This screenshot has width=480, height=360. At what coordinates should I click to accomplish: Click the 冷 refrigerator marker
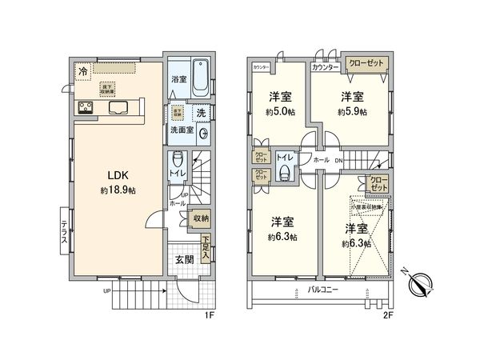click(x=83, y=72)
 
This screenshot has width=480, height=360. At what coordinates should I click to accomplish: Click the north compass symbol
click(x=422, y=282)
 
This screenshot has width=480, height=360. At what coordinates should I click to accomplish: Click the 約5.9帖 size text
click(x=353, y=111)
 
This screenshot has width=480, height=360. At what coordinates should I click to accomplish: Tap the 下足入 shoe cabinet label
click(x=206, y=241)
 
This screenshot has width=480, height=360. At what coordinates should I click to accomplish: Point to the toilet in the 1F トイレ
click(x=178, y=157)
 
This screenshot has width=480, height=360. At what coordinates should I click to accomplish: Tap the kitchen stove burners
click(x=86, y=108)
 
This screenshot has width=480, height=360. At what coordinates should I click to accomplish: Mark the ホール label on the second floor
click(x=320, y=160)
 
